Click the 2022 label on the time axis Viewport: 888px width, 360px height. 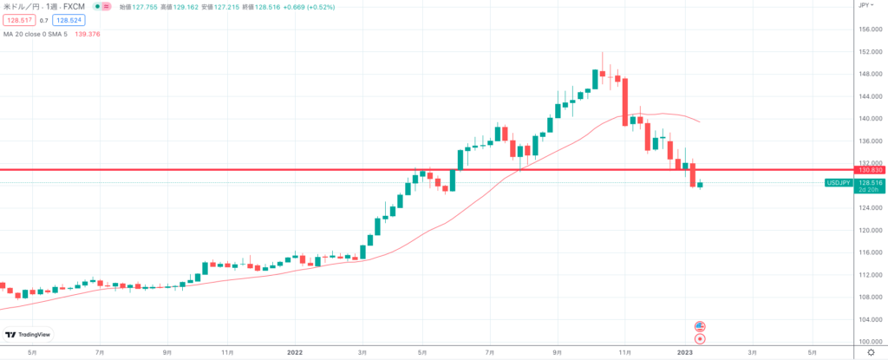tap(296, 353)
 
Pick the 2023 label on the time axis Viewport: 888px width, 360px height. tap(684, 353)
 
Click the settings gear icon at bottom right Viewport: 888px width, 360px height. tap(871, 352)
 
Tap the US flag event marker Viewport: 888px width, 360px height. tap(700, 326)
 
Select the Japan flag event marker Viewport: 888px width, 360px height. tap(700, 338)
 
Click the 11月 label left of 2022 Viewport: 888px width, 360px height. tap(228, 353)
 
